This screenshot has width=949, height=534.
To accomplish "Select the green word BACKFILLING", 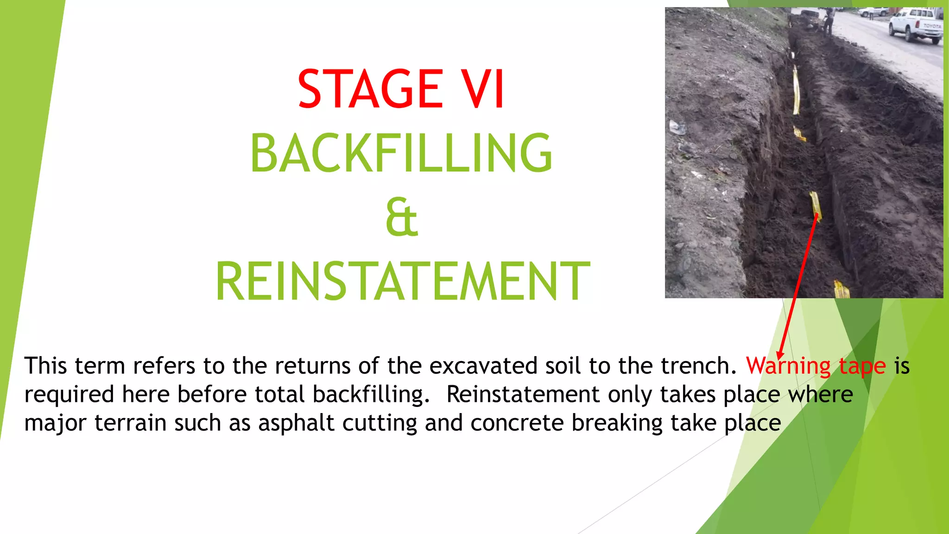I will pyautogui.click(x=401, y=153).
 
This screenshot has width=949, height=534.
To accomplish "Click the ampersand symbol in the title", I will pyautogui.click(x=401, y=217).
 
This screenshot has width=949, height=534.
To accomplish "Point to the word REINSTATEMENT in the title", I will pyautogui.click(x=402, y=281).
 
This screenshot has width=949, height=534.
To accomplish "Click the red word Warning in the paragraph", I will pyautogui.click(x=788, y=366).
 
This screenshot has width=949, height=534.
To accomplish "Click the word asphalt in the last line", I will pyautogui.click(x=296, y=423).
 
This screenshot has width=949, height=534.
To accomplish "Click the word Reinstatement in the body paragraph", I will pyautogui.click(x=523, y=394).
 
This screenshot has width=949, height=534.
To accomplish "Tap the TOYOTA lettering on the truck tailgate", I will pyautogui.click(x=932, y=26).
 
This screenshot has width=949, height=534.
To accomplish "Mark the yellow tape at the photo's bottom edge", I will pyautogui.click(x=841, y=289).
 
